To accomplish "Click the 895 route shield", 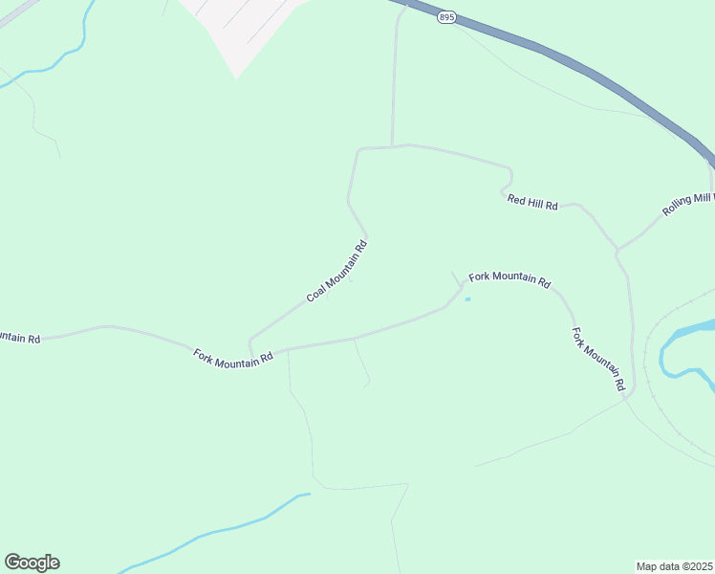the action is point(445,17).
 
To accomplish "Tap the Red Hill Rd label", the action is point(532,201).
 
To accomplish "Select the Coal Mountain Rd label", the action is point(336,272).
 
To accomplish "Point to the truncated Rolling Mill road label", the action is point(688,205).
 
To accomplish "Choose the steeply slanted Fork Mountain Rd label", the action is point(598,360).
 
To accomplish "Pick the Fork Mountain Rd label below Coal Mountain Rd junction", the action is point(233,358).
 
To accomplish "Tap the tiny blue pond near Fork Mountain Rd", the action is point(467,299).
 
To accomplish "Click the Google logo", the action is point(32,563).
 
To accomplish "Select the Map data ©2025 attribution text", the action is point(675,566).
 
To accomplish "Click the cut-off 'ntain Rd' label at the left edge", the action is point(19,338).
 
